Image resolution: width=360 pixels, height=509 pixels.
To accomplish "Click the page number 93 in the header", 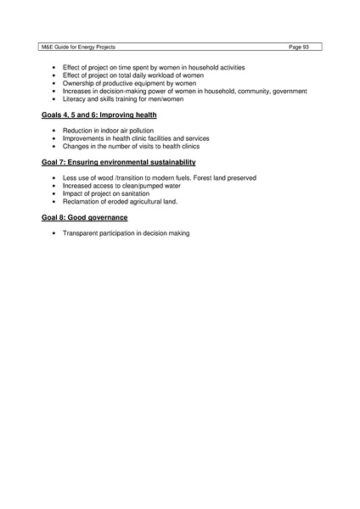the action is (301, 46).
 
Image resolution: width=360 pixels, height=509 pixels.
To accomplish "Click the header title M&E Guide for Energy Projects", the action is (75, 46).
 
